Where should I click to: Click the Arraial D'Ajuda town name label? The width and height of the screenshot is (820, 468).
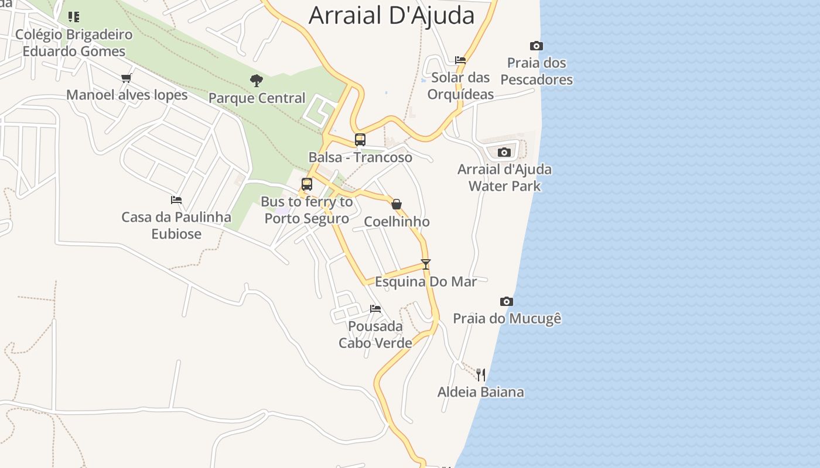point(391,15)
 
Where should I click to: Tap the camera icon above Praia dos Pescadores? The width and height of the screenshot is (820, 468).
point(536,46)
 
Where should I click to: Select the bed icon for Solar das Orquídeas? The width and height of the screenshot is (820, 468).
point(460,60)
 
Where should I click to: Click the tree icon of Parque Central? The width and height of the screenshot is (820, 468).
point(256,80)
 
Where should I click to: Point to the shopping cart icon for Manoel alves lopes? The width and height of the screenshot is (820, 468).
point(126,78)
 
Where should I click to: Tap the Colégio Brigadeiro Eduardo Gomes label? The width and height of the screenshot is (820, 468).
point(74,43)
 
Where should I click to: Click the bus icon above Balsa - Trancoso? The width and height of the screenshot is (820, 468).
point(360,140)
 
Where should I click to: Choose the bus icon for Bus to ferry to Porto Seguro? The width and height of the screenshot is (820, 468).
point(306,184)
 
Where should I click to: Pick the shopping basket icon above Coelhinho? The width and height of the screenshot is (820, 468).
point(397,204)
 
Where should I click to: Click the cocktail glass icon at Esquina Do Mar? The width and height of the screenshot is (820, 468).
point(426,264)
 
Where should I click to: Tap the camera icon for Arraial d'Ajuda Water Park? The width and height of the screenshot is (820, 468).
point(504,153)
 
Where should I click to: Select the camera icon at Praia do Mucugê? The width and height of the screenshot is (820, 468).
point(507,301)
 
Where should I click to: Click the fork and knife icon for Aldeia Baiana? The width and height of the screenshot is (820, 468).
point(480,374)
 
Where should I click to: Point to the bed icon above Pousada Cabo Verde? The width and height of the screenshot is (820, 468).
point(375,308)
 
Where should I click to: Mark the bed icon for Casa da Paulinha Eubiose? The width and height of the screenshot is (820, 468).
point(176,200)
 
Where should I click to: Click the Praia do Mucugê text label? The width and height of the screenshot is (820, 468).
point(507,319)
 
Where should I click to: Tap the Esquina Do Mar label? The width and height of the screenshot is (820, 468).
point(426,281)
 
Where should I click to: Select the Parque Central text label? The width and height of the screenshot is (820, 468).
point(257,98)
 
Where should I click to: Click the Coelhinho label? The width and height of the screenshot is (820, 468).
point(397,222)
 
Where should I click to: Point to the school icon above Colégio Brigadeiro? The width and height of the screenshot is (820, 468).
point(74,16)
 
